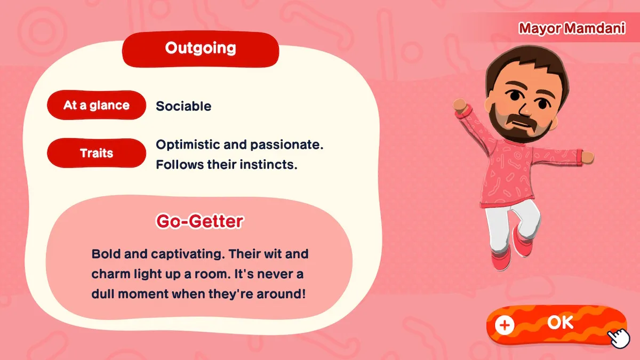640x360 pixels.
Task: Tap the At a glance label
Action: (x=97, y=105)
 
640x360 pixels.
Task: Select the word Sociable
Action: (x=183, y=106)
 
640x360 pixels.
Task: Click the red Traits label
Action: (x=97, y=153)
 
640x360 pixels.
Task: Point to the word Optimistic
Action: (x=188, y=145)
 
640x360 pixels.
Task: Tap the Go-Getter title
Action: (x=199, y=221)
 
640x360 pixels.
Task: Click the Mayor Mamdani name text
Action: (x=572, y=28)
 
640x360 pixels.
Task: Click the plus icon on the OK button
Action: (x=505, y=325)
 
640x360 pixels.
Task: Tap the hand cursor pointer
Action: (x=619, y=338)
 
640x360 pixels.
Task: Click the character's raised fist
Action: (x=460, y=106)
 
